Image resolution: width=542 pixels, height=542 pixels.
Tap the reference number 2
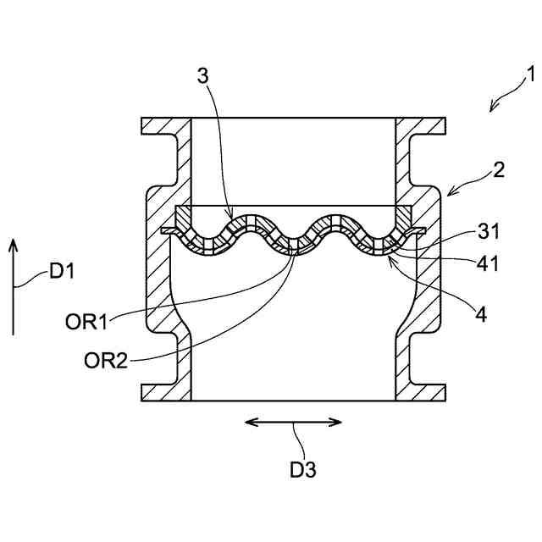498,169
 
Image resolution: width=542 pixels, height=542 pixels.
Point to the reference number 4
481,314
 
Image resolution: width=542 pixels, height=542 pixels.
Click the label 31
489,230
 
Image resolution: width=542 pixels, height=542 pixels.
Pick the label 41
489,263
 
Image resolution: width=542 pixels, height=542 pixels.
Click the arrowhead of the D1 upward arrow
14,243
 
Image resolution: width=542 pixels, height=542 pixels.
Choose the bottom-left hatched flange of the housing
165,392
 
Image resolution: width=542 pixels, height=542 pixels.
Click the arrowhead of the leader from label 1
492,108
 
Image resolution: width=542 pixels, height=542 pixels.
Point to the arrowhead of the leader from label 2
448,194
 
